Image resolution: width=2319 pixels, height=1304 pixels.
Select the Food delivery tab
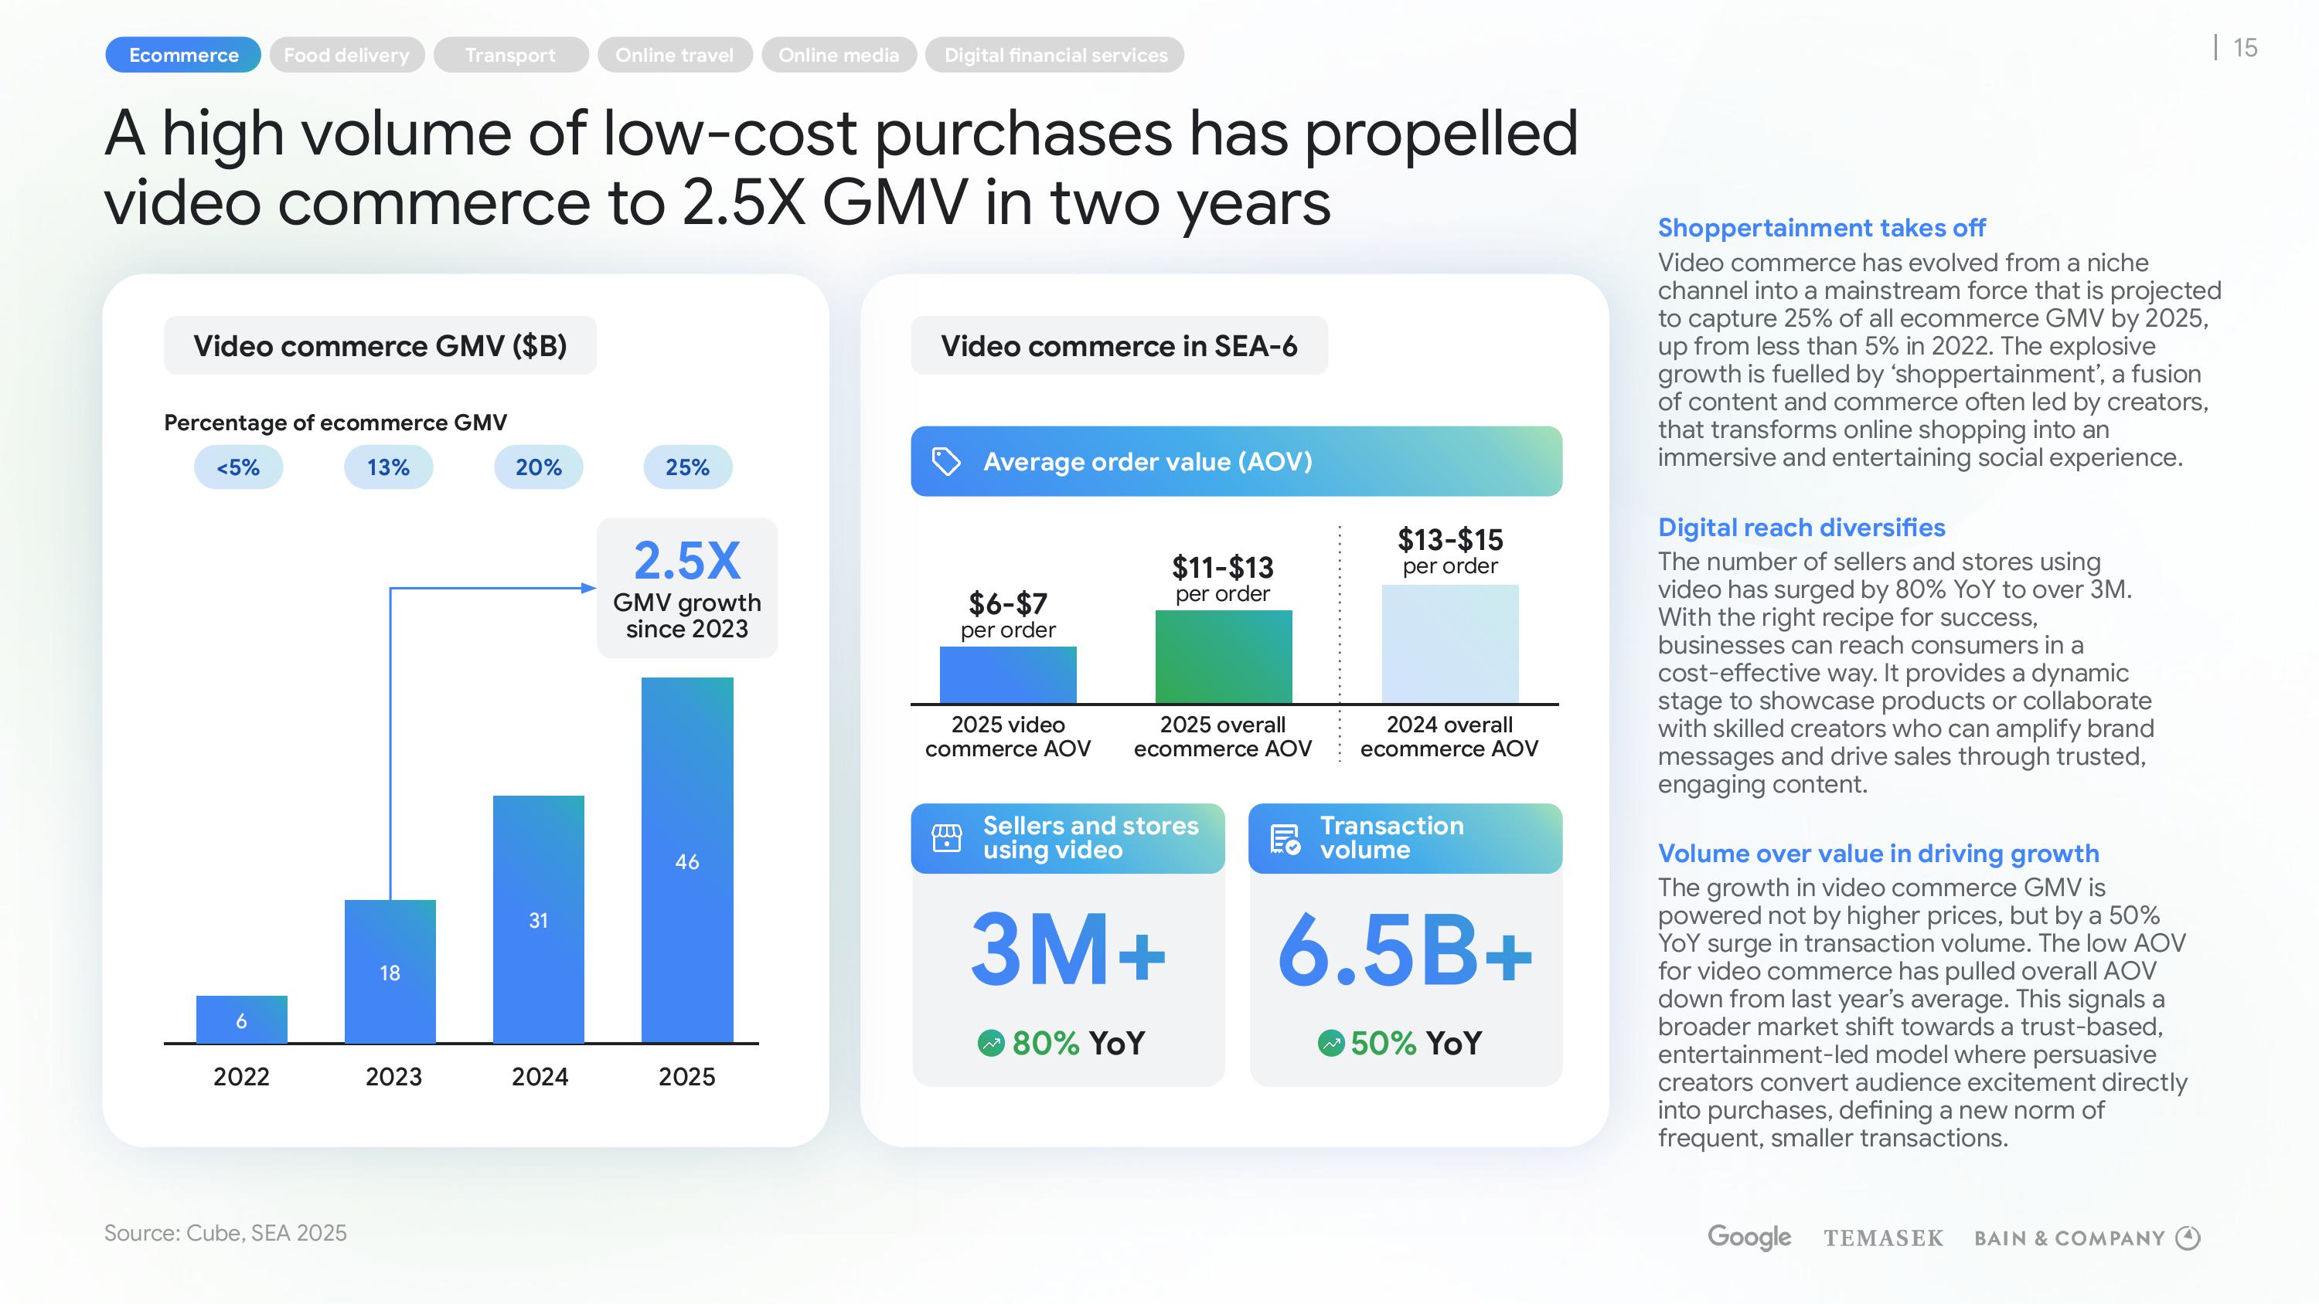(x=346, y=55)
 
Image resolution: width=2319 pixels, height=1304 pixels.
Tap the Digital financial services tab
(x=1055, y=55)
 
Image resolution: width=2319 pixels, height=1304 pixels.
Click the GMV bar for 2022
(x=241, y=1019)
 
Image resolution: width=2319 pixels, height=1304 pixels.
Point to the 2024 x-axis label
(x=540, y=1076)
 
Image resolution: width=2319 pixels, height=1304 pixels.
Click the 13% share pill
(x=388, y=467)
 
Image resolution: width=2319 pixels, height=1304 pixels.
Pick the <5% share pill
(x=239, y=467)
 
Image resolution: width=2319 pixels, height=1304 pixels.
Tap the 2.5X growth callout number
(x=687, y=561)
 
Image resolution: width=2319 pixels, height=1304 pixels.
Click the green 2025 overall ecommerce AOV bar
(x=1224, y=656)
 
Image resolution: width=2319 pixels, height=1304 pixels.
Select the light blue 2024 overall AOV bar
(x=1449, y=644)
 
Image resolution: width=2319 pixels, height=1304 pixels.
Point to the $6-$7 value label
(x=1007, y=603)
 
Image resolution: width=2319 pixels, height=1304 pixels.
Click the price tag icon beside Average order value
(x=945, y=462)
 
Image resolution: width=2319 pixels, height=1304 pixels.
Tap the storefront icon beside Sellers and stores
(x=946, y=838)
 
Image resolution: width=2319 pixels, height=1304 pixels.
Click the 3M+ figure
(x=1068, y=950)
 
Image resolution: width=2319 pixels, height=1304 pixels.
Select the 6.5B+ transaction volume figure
(x=1405, y=950)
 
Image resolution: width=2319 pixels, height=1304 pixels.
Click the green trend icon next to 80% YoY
(x=990, y=1043)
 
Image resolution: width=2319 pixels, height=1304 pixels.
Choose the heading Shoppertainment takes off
(x=1821, y=228)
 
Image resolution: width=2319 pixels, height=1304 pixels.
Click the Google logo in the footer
(x=1749, y=1238)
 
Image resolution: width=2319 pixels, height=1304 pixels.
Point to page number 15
(x=2246, y=48)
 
